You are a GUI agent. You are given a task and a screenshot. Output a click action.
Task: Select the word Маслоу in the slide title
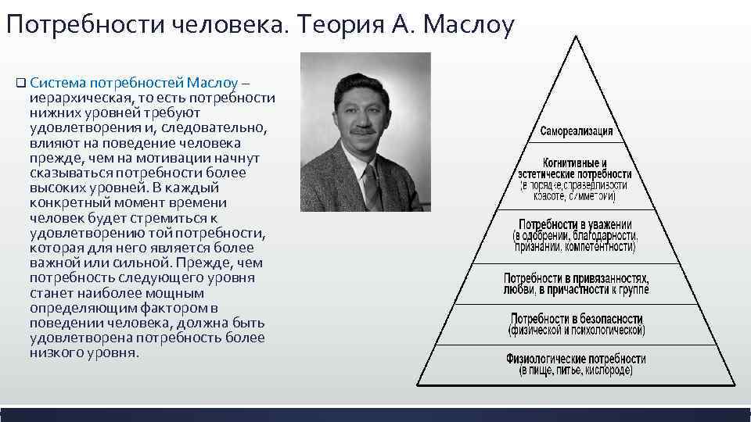click(469, 26)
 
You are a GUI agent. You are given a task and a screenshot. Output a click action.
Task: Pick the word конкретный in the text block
click(67, 202)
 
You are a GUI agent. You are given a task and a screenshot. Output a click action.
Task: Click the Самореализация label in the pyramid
click(577, 131)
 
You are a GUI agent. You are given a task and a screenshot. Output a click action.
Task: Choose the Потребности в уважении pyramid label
click(575, 224)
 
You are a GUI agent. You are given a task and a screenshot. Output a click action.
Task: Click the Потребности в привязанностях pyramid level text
click(576, 278)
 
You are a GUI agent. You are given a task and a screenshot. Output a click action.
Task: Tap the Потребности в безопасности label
click(577, 319)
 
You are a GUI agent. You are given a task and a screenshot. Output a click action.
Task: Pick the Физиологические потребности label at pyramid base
click(576, 359)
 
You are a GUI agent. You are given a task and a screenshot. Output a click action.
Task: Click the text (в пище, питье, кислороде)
click(576, 371)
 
